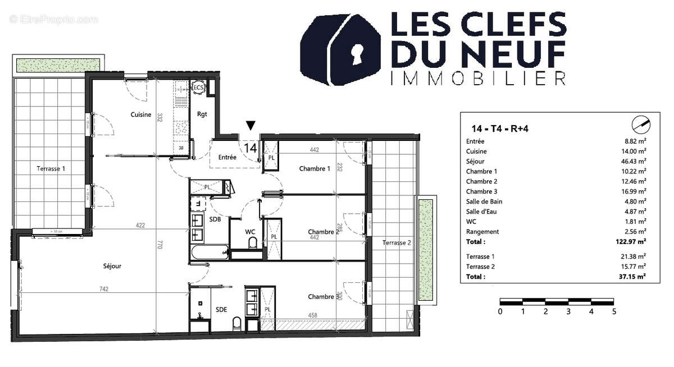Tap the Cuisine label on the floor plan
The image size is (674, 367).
[141, 115]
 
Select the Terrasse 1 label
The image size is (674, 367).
[51, 168]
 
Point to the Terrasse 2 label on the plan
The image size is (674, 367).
[397, 242]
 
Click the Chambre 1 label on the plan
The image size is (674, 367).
[315, 169]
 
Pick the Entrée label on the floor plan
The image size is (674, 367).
[227, 158]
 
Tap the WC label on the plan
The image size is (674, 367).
[251, 232]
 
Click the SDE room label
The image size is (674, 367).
[221, 309]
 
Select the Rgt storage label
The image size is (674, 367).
[202, 114]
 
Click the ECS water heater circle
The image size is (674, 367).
[198, 88]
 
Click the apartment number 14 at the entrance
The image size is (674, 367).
[251, 148]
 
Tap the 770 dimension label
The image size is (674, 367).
[160, 245]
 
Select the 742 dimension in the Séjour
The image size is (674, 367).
[104, 290]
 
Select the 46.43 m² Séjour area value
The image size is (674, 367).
[634, 162]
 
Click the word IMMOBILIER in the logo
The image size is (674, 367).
[478, 79]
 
